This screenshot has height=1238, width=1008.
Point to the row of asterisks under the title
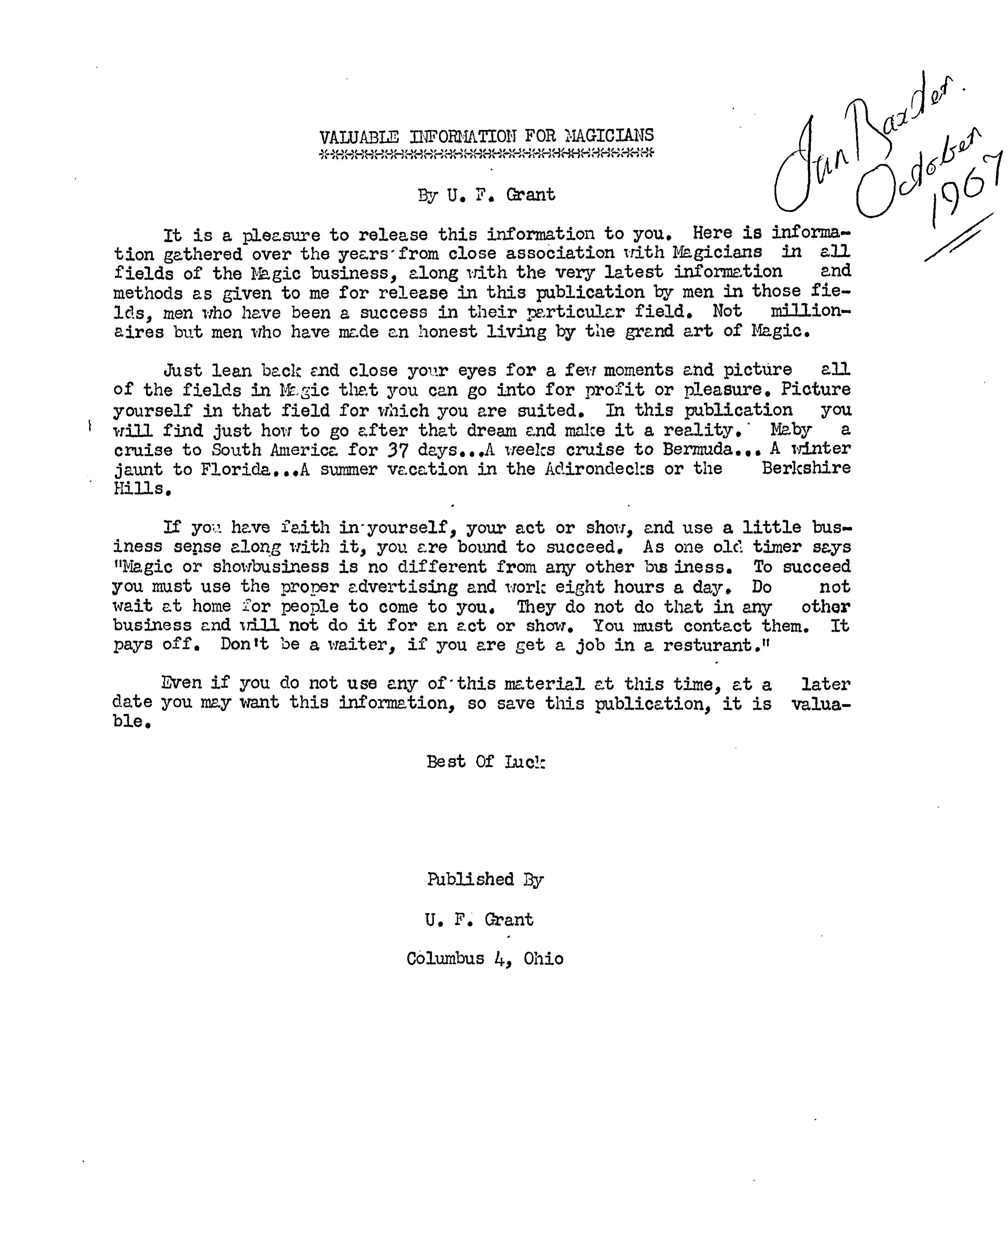click(486, 153)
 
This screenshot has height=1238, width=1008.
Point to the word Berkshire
click(806, 468)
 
